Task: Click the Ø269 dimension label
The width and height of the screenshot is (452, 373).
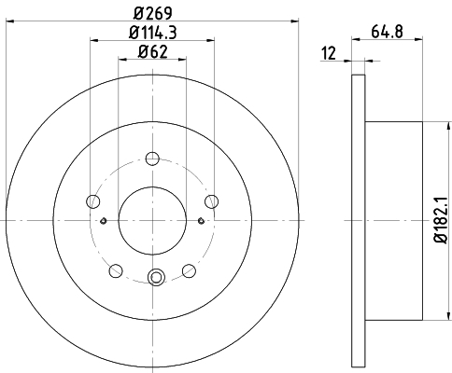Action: [152, 13]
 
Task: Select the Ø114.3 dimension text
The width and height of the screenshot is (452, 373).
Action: [152, 33]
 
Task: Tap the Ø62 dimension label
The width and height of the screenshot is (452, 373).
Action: [152, 51]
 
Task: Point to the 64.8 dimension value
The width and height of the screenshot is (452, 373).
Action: [387, 32]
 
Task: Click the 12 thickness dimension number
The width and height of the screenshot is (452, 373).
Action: [329, 53]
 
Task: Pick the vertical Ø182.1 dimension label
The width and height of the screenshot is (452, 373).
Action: [441, 220]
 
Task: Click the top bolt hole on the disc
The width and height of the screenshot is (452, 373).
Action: [152, 159]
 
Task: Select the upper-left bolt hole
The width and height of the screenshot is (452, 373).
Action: [92, 201]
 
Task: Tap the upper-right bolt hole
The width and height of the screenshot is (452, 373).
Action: [212, 201]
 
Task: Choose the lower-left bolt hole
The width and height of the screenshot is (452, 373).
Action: [116, 270]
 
